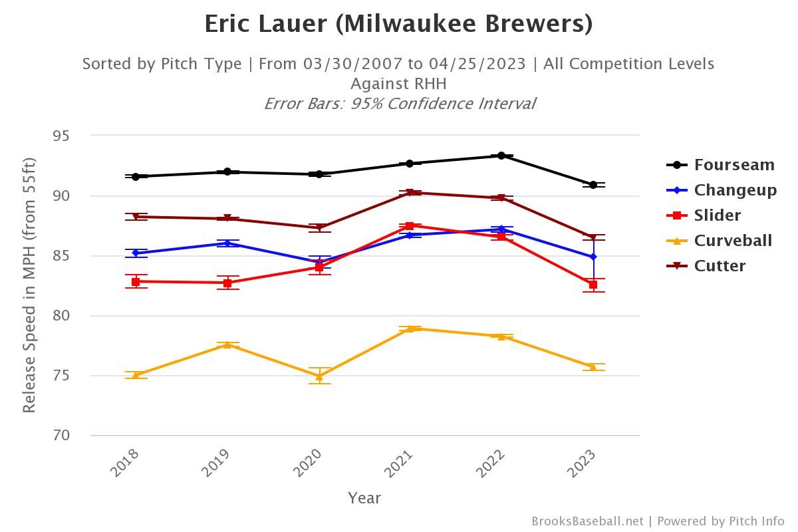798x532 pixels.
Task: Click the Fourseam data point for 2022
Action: (x=501, y=156)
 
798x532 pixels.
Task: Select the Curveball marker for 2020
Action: (x=319, y=376)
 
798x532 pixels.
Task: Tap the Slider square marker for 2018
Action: (x=136, y=282)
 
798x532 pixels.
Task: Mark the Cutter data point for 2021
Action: (x=410, y=193)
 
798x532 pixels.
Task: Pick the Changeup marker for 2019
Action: (x=227, y=243)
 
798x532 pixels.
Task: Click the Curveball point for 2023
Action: (x=593, y=366)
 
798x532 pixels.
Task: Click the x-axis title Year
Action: (x=364, y=497)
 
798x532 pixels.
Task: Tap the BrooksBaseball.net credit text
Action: (x=587, y=521)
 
